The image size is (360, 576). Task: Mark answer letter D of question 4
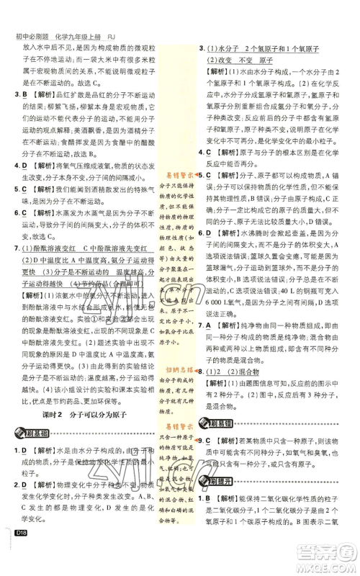pos(23,166)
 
